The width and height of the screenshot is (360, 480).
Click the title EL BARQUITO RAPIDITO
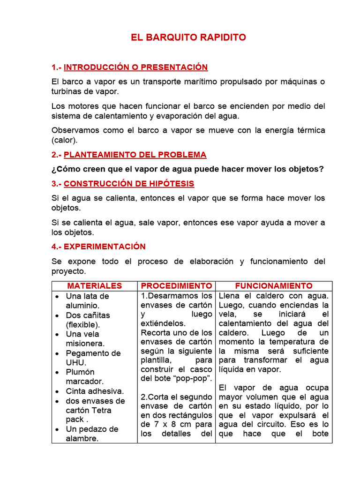188,37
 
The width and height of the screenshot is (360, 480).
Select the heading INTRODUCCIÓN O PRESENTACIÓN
136,67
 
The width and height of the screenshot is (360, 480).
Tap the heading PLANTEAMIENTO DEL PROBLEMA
135,155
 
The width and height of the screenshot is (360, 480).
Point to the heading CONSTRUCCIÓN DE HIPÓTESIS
129,183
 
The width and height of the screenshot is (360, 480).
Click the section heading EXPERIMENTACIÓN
105,246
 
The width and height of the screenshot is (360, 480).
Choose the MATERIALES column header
94,285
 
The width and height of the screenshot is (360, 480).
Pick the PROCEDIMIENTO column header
176,285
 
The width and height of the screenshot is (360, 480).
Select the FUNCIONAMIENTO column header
273,285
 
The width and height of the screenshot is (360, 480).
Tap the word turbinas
66,91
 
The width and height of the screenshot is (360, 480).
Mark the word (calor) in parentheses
65,140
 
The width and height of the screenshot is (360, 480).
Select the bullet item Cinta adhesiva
95,391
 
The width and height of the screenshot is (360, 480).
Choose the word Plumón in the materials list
80,372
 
